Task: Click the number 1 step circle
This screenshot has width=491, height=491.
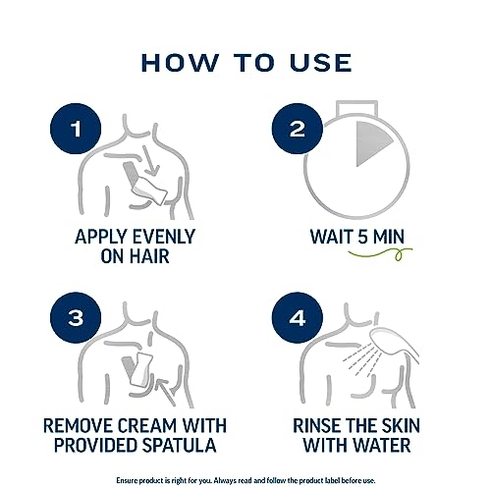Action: (76, 129)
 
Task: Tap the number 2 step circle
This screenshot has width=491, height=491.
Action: (298, 129)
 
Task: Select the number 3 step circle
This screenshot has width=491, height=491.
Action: (76, 317)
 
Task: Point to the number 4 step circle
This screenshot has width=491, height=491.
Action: (298, 317)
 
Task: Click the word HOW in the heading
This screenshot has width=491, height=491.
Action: (180, 63)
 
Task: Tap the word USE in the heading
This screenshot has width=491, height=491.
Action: (321, 63)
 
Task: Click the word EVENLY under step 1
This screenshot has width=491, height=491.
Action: (164, 237)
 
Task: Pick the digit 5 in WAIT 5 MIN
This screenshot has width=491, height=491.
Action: (362, 237)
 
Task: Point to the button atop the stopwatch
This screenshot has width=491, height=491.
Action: (357, 108)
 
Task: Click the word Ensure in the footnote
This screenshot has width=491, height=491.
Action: (126, 480)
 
